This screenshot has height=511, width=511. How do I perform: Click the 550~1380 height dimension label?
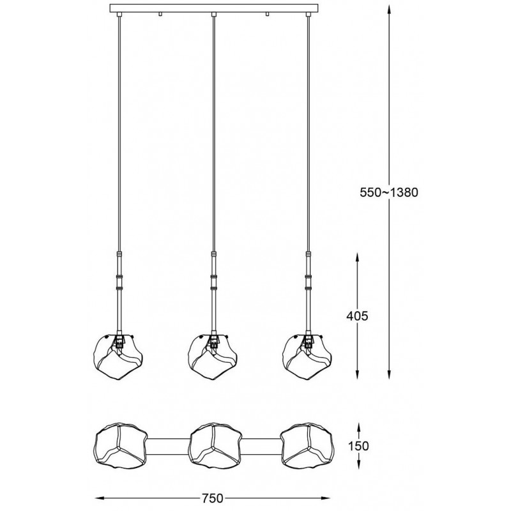point(388,193)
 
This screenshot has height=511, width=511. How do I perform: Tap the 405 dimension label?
point(357,316)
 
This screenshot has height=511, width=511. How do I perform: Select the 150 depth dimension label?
point(358,445)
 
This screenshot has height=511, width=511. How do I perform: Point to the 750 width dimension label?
point(212,498)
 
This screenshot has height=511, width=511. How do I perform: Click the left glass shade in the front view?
point(118,356)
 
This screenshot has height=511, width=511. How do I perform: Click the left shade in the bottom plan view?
point(121,446)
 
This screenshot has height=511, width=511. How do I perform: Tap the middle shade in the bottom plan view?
point(215,446)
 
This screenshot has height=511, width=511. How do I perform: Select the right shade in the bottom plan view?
point(307,446)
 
